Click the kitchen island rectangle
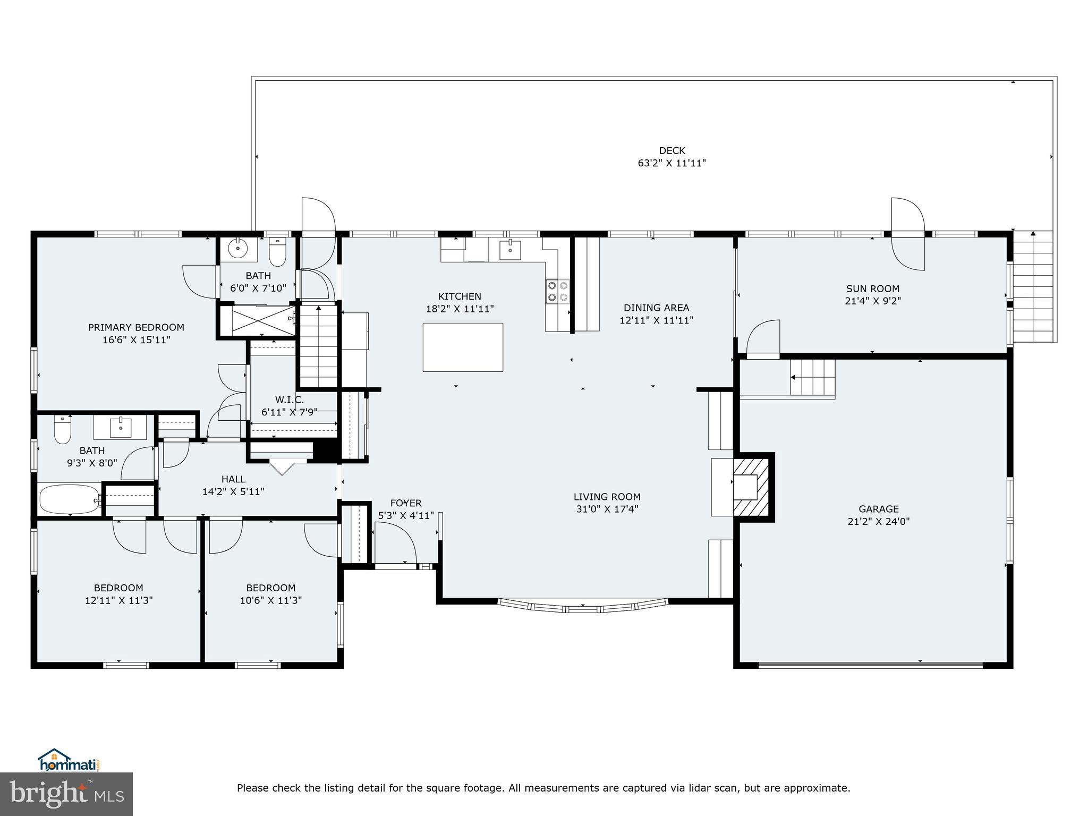pyautogui.click(x=463, y=347)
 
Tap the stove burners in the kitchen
pyautogui.click(x=557, y=292)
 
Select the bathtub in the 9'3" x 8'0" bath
pyautogui.click(x=69, y=498)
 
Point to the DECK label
pyautogui.click(x=672, y=151)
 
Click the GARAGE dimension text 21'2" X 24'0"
pyautogui.click(x=878, y=522)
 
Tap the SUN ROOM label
pyautogui.click(x=872, y=289)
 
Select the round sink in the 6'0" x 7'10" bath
pyautogui.click(x=238, y=248)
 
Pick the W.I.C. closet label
pyautogui.click(x=290, y=399)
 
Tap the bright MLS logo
pyautogui.click(x=66, y=794)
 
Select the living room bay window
pyautogui.click(x=583, y=606)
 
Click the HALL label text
pyautogui.click(x=233, y=479)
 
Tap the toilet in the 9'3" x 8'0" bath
pyautogui.click(x=63, y=430)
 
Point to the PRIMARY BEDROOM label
pyautogui.click(x=136, y=327)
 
